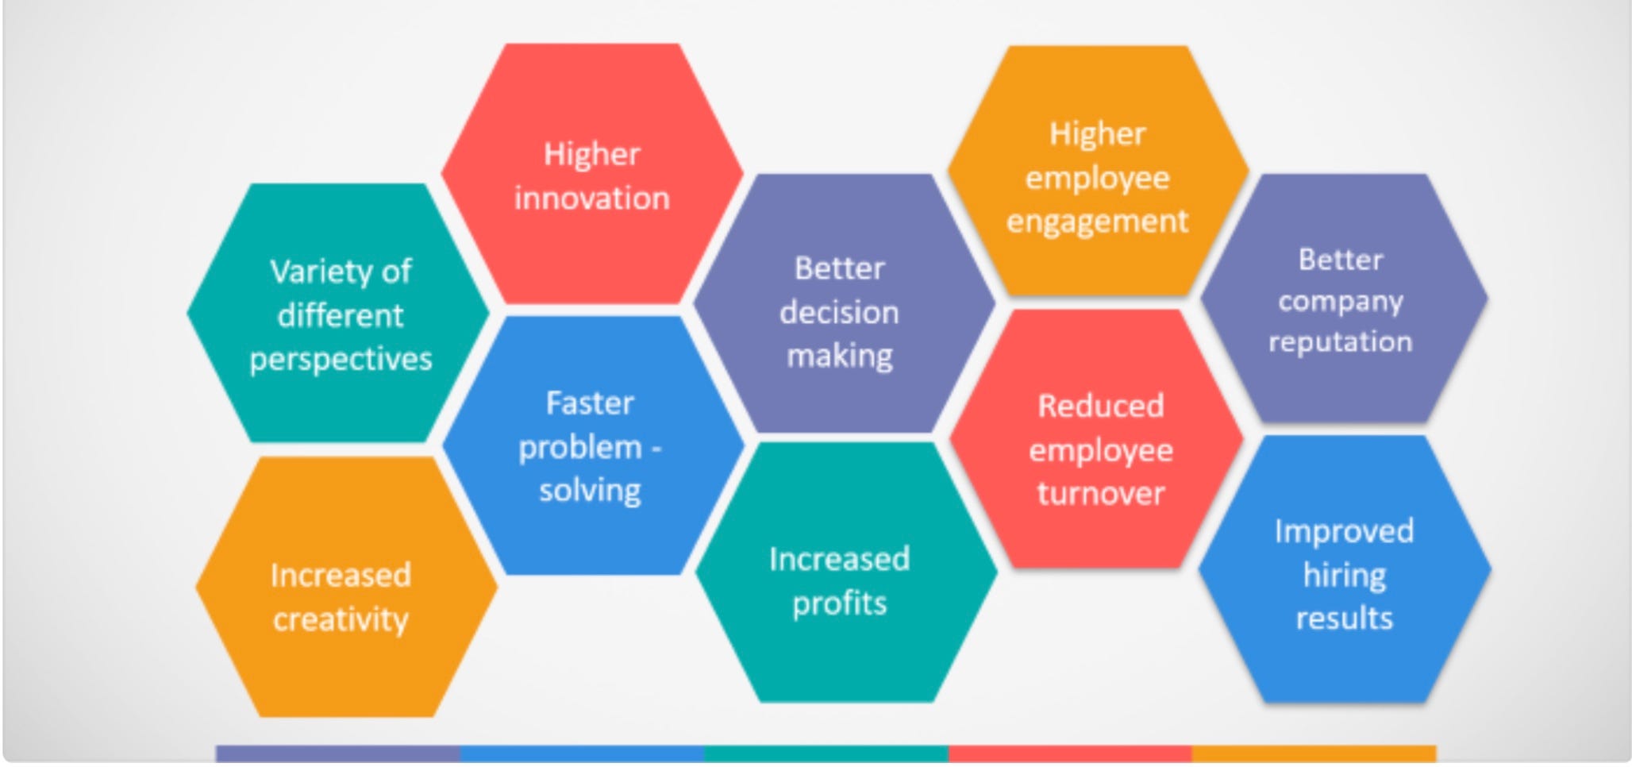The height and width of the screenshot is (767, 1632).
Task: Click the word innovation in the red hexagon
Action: coord(591,198)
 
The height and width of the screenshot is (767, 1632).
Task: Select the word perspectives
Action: coord(341,360)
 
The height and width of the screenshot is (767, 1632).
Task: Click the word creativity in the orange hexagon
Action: coord(341,619)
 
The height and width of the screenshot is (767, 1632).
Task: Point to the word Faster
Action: coord(590,403)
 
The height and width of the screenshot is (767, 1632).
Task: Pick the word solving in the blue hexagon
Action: coord(590,491)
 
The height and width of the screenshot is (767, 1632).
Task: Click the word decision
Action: coord(839,313)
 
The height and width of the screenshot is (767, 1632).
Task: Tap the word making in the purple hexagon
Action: coord(839,356)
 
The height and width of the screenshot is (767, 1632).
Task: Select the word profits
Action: coord(839,603)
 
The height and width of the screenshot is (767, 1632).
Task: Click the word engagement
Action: coord(1097,222)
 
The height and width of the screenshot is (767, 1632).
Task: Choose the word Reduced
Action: coord(1101,407)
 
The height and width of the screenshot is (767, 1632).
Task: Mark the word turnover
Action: coord(1101,494)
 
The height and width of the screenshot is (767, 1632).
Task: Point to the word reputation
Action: coord(1340,342)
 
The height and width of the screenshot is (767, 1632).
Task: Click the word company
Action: coord(1340,302)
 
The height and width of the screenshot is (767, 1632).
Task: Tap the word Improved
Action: coord(1344,531)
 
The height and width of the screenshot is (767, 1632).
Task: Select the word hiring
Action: coord(1344,575)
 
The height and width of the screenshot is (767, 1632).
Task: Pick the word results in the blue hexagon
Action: coord(1344,619)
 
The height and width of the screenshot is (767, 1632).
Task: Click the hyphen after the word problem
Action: coord(656,449)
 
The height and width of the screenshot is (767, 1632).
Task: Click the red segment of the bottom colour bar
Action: coord(1070,753)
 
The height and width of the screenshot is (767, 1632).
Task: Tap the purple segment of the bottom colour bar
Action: coord(337,753)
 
